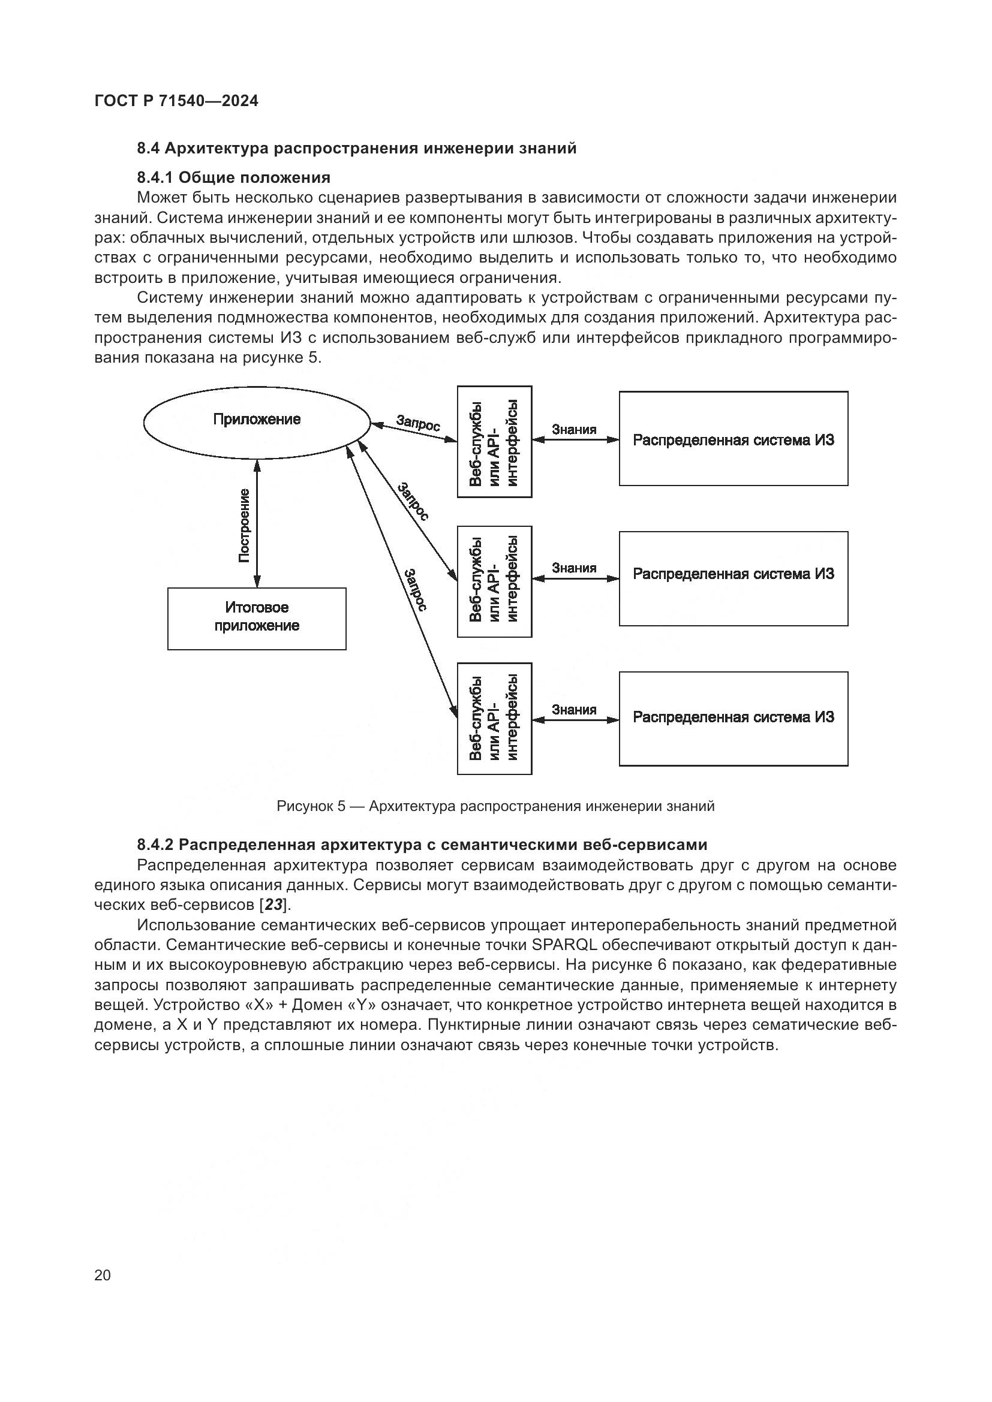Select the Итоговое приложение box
coord(257,618)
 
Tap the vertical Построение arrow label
coord(244,525)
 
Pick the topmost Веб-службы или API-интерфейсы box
coord(494,442)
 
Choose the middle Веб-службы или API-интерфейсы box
coord(494,581)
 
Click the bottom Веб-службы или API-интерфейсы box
coord(494,718)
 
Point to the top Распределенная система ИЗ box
coord(733,438)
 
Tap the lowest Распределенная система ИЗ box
coord(733,718)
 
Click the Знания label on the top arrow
coord(574,429)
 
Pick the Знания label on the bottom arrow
coord(574,709)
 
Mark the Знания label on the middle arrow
coord(574,568)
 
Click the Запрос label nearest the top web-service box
coord(418,423)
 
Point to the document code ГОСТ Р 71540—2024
coord(176,101)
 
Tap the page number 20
coord(103,1274)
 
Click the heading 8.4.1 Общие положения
coord(233,177)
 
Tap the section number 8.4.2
coord(156,845)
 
